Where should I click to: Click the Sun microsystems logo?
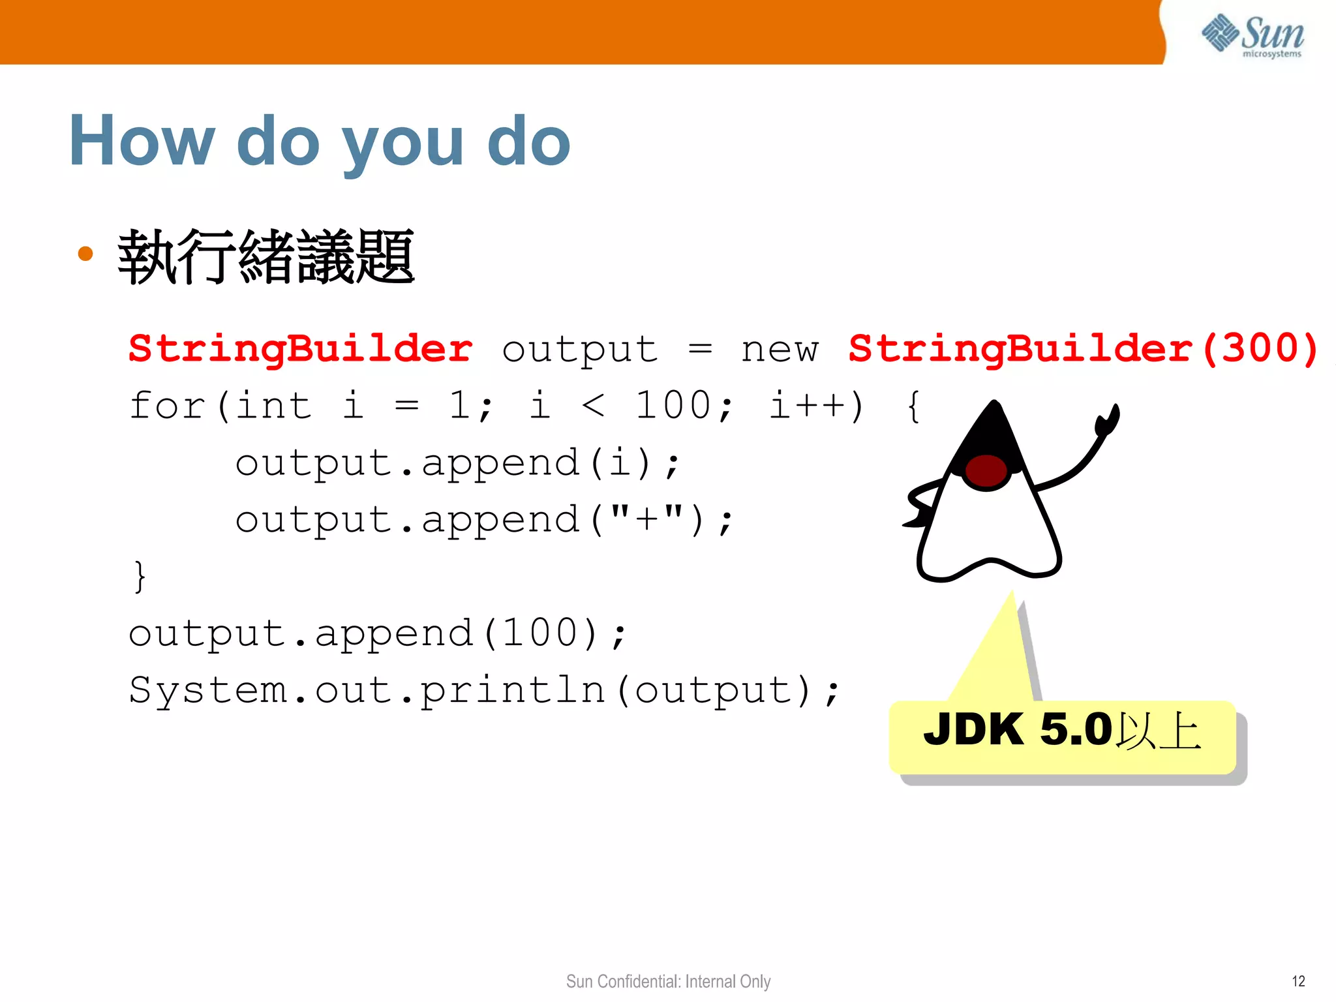tap(1252, 35)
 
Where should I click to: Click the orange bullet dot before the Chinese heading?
tap(85, 253)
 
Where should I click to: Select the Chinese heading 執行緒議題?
tap(266, 257)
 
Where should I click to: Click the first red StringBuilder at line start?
tap(300, 349)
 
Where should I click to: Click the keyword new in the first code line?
tap(779, 350)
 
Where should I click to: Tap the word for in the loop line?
tap(167, 405)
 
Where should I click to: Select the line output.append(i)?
tap(457, 463)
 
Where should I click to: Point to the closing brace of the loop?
tap(139, 576)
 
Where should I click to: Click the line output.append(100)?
tap(378, 633)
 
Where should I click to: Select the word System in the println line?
tap(208, 691)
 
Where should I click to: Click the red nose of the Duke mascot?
tap(986, 470)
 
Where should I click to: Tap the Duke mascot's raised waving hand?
tap(1107, 420)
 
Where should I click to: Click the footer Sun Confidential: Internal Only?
tap(668, 981)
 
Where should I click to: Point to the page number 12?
tap(1298, 981)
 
